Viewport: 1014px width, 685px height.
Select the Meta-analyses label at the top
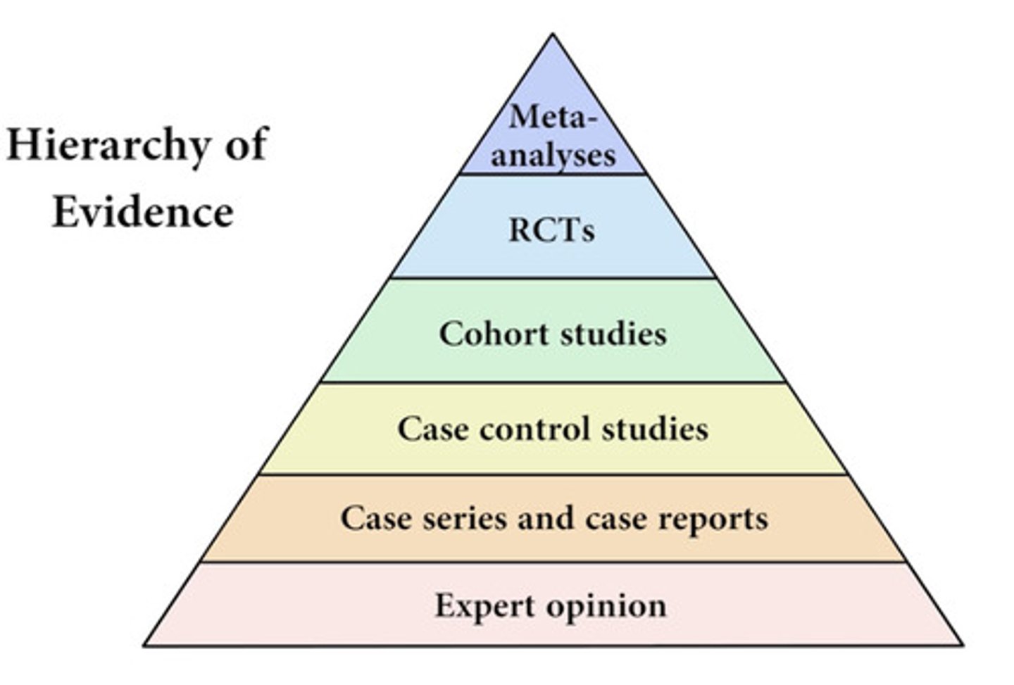tap(553, 135)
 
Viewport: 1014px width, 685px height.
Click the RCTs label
tap(552, 230)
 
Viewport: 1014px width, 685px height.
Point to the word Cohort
tap(493, 333)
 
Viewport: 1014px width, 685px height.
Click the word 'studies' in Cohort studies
tap(613, 333)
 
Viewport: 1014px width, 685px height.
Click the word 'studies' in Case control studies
tap(655, 429)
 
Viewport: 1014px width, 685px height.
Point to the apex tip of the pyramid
tap(553, 34)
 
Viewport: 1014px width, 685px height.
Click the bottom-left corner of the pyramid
tap(145, 644)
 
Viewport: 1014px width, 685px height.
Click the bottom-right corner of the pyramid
tap(961, 644)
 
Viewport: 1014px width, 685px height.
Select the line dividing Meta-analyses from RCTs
tap(553, 174)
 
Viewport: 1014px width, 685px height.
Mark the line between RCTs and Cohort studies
tap(553, 278)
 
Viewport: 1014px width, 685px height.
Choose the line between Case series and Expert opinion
tap(553, 562)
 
